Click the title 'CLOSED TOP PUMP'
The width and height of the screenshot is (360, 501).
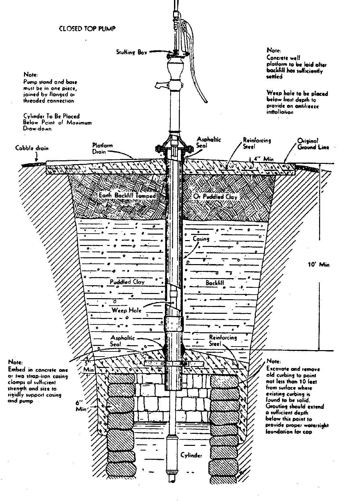87,29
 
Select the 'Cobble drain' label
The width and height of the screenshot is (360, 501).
32,148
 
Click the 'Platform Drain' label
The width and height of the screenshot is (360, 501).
102,148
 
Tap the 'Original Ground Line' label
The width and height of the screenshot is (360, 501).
313,144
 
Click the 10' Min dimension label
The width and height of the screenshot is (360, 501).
318,264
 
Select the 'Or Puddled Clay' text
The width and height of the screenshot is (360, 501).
215,197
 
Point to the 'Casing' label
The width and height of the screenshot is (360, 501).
201,239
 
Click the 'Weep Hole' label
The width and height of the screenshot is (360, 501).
127,310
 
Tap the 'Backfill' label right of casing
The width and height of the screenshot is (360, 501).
215,283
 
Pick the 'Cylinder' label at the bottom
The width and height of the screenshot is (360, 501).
191,455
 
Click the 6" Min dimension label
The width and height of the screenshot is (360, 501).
81,406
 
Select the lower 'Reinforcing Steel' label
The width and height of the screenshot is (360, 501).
223,340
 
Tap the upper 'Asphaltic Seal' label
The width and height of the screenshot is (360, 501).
209,143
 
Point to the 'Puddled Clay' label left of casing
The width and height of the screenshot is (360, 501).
127,282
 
